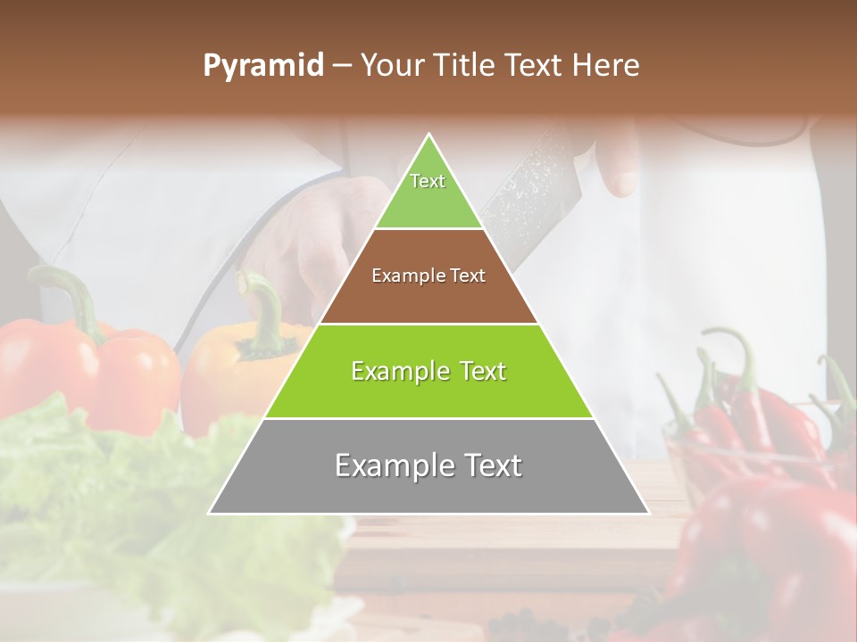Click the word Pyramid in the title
(x=262, y=66)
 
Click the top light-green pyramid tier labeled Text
(x=428, y=192)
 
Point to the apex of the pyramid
(x=429, y=136)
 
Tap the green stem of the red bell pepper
(x=76, y=294)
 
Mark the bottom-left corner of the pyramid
(x=209, y=514)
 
